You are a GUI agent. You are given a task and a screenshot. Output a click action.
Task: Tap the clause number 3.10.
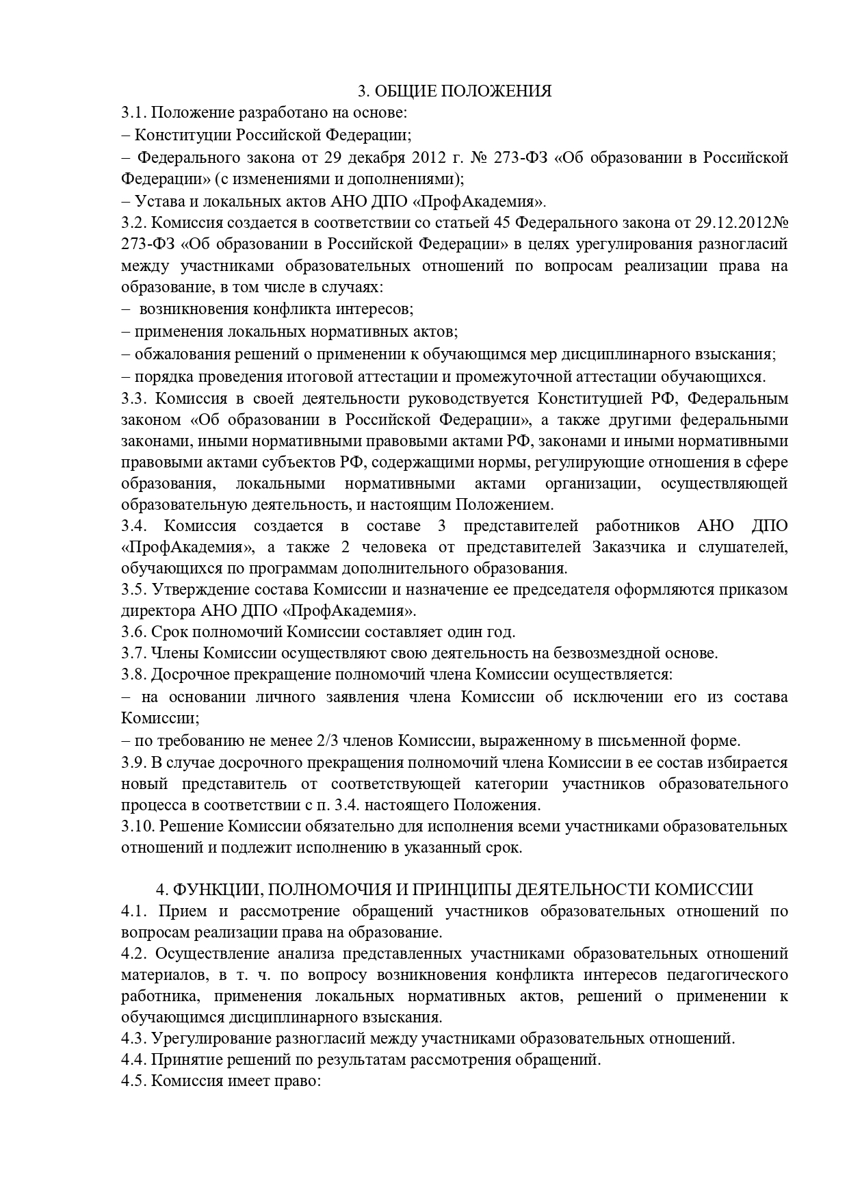(x=137, y=826)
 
